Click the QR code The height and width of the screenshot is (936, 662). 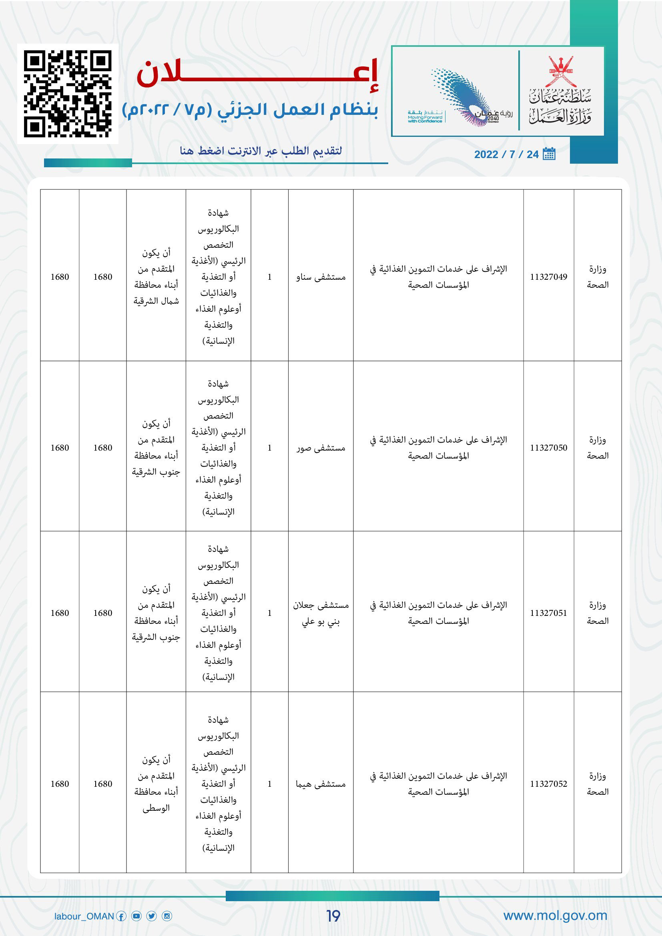pyautogui.click(x=68, y=94)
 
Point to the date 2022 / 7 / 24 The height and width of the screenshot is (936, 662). pyautogui.click(x=506, y=154)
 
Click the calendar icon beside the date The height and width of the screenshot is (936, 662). pyautogui.click(x=549, y=154)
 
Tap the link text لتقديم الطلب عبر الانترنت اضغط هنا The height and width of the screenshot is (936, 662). pyautogui.click(x=261, y=151)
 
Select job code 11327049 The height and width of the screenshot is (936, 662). pyautogui.click(x=548, y=277)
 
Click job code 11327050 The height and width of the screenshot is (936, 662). pyautogui.click(x=548, y=448)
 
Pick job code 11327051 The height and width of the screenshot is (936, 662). pyautogui.click(x=548, y=613)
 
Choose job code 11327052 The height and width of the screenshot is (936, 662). pyautogui.click(x=548, y=784)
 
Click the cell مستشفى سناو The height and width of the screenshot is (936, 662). pyautogui.click(x=321, y=277)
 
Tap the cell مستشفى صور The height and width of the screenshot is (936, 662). pyautogui.click(x=321, y=448)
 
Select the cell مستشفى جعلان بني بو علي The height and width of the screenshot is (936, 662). pyautogui.click(x=321, y=613)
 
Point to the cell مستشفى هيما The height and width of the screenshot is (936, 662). pyautogui.click(x=321, y=784)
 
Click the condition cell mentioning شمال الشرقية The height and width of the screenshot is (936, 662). pyautogui.click(x=156, y=277)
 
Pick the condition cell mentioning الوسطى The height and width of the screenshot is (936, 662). pyautogui.click(x=156, y=784)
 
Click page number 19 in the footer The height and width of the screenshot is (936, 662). pyautogui.click(x=333, y=916)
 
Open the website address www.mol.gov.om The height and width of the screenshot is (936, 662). pyautogui.click(x=555, y=916)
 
